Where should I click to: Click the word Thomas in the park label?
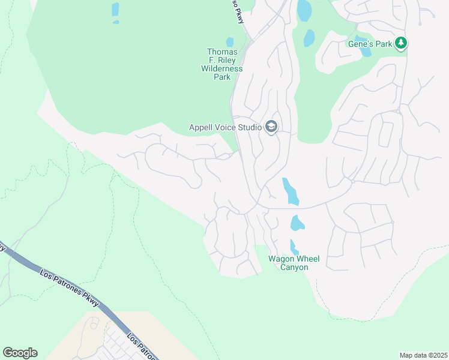pos(222,52)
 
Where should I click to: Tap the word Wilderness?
pos(222,69)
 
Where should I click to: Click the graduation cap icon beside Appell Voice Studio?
pos(271,127)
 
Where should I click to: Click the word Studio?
pos(250,127)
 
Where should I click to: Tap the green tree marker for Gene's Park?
pos(402,43)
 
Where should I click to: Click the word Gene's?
pos(361,44)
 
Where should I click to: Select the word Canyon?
pos(294,267)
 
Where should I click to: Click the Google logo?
pos(20,353)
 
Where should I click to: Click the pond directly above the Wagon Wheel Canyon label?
pos(294,247)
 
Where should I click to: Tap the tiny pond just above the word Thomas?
pos(230,42)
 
